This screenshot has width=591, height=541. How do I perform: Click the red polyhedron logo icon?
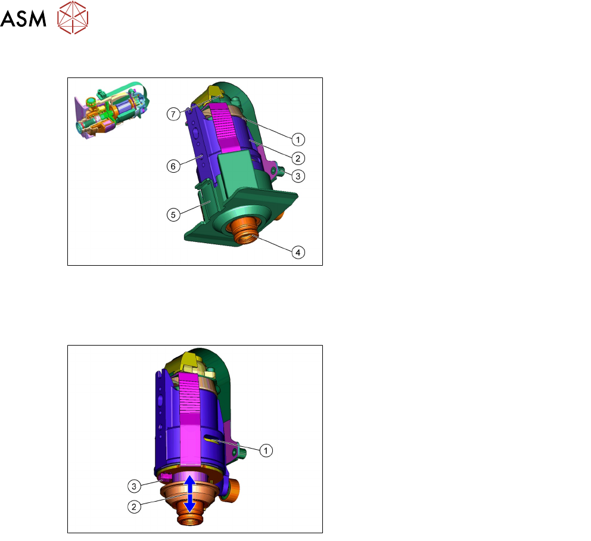pyautogui.click(x=73, y=17)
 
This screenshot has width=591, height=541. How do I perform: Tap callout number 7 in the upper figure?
pyautogui.click(x=173, y=114)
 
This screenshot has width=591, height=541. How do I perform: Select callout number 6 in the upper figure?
pyautogui.click(x=173, y=166)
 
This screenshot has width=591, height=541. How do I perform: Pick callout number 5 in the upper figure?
pyautogui.click(x=173, y=215)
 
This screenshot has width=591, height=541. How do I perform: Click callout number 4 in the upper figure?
pyautogui.click(x=298, y=252)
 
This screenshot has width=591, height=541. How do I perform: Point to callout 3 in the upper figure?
pyautogui.click(x=298, y=176)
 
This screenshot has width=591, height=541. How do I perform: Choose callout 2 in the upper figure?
pyautogui.click(x=298, y=158)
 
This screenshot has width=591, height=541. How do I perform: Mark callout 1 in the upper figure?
pyautogui.click(x=298, y=139)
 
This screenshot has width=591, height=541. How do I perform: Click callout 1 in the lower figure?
pyautogui.click(x=266, y=450)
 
